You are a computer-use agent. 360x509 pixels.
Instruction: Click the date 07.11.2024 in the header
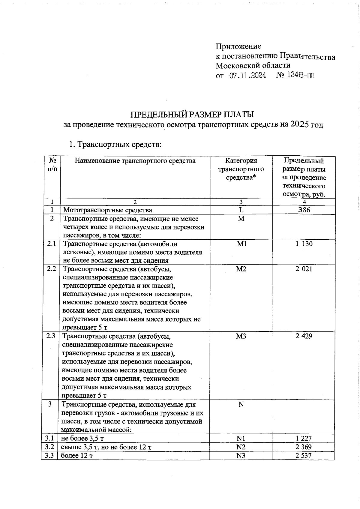click(247, 75)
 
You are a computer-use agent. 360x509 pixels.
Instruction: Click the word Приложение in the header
click(238, 46)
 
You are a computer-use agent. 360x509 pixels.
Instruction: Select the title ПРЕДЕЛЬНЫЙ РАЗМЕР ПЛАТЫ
click(192, 115)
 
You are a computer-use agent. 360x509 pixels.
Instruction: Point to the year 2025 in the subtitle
click(300, 124)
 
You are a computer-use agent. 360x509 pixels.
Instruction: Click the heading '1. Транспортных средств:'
click(115, 145)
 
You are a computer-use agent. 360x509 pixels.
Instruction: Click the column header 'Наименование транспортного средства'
click(135, 161)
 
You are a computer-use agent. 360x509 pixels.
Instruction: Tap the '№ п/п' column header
click(52, 164)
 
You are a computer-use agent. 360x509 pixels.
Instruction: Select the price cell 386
click(304, 210)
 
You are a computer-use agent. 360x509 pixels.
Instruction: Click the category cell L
click(241, 210)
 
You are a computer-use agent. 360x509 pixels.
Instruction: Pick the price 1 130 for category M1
click(304, 244)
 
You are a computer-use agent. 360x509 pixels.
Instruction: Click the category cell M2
click(241, 269)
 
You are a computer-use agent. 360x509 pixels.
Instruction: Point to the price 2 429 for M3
click(304, 336)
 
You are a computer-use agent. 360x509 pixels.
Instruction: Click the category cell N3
click(241, 456)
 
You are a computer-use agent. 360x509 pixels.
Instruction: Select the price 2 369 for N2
click(304, 447)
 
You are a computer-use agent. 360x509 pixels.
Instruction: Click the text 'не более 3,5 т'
click(82, 439)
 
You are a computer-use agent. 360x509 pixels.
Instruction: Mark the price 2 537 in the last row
click(304, 456)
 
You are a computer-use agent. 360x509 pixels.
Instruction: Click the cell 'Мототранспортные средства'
click(107, 210)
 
